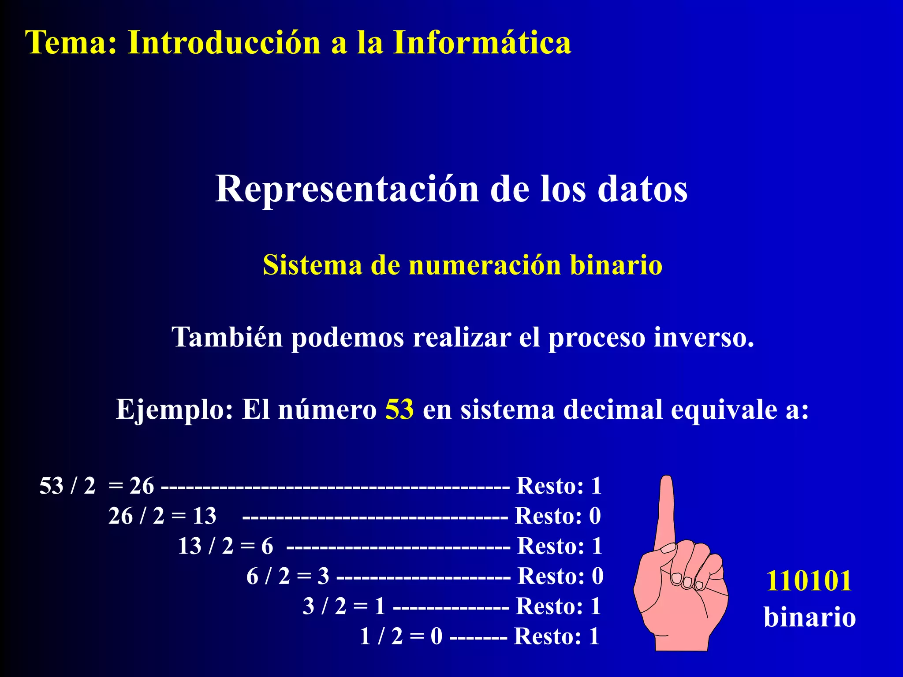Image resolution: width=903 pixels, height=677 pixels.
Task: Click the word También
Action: [x=227, y=337]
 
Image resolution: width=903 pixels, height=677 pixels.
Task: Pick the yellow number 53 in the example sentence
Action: [x=399, y=409]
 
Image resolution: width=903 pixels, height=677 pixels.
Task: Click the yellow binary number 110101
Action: [x=809, y=580]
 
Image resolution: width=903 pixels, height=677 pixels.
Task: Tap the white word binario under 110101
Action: [x=810, y=617]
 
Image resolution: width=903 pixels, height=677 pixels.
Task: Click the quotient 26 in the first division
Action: [x=142, y=486]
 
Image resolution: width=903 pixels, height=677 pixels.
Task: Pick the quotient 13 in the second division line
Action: [x=205, y=516]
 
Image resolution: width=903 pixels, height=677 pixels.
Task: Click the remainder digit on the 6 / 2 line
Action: [x=597, y=576]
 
